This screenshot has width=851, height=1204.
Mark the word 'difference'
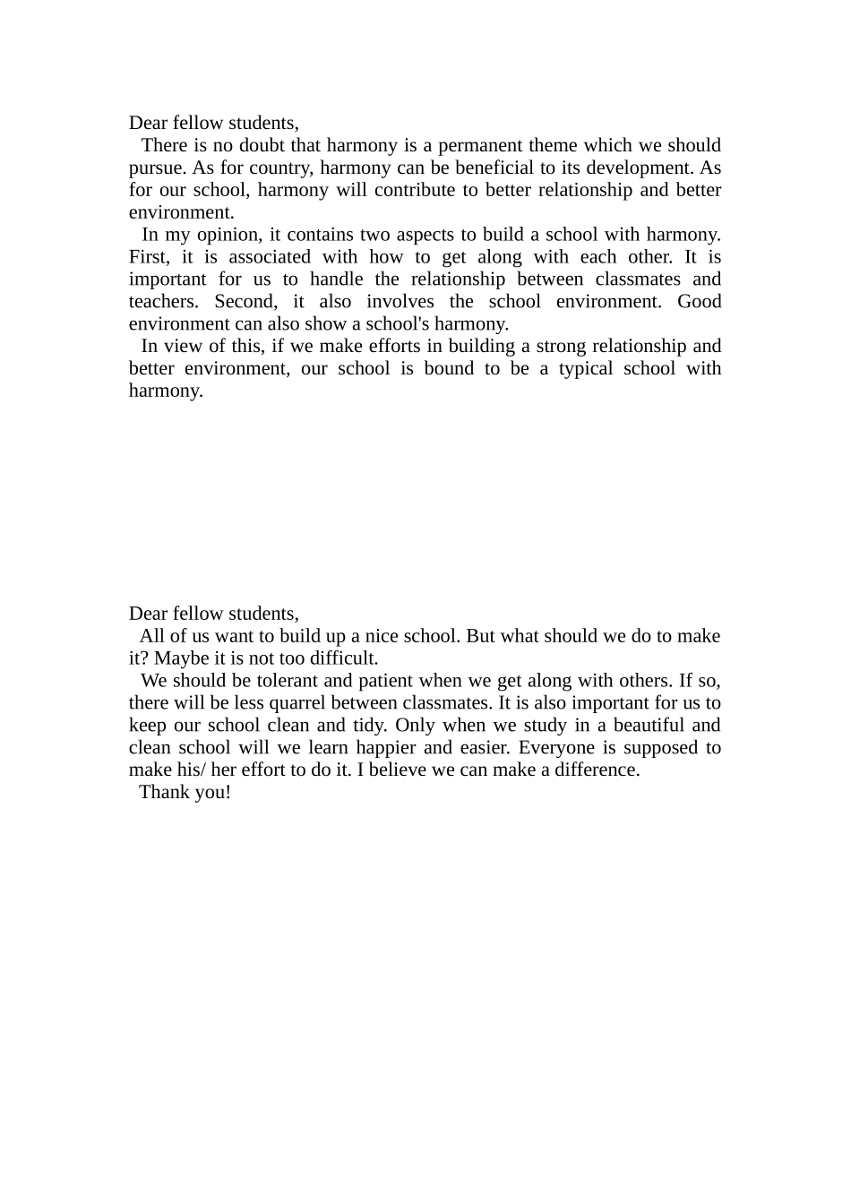596,770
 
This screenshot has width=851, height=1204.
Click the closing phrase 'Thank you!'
185,793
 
